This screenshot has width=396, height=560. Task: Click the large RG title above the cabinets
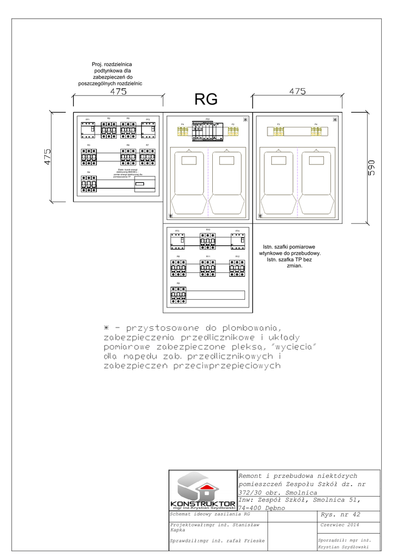[206, 99]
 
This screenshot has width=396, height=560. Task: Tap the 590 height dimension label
[371, 168]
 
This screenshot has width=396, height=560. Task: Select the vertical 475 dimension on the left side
[47, 157]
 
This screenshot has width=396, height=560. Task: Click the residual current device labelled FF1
[88, 130]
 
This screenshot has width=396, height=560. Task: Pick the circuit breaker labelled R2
[109, 130]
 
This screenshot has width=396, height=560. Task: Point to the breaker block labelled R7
[148, 158]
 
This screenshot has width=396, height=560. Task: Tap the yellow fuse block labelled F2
[232, 131]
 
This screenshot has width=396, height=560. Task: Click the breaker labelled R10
[208, 240]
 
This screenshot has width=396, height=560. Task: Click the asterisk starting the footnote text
[107, 328]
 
